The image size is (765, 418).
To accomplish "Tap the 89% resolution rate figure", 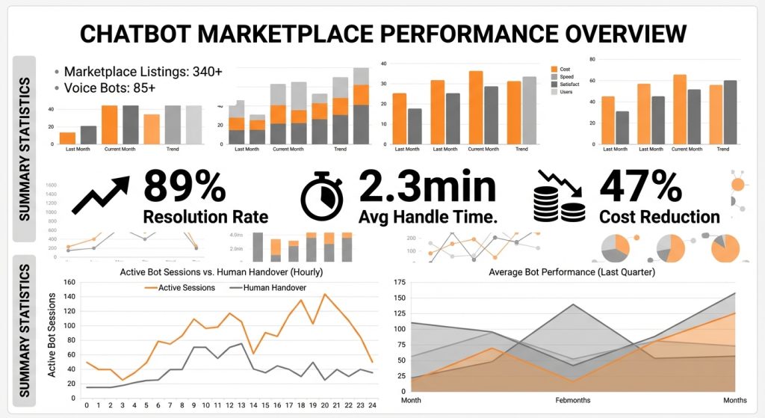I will point(184,186).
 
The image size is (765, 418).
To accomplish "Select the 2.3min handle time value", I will point(427,186).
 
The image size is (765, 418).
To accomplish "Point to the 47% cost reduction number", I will point(640,186).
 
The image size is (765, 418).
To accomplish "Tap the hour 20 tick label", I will point(324,405).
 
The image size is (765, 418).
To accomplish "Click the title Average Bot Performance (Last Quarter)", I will point(572,272).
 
